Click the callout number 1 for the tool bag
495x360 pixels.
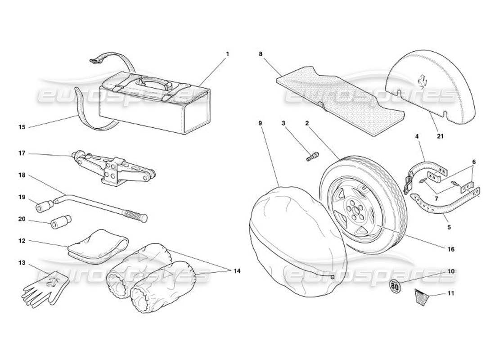tap(228, 54)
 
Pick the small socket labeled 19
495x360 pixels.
tap(45, 207)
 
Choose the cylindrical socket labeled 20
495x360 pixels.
tap(60, 223)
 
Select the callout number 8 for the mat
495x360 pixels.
tap(261, 54)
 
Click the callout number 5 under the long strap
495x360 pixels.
tap(449, 228)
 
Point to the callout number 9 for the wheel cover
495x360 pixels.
tap(261, 122)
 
